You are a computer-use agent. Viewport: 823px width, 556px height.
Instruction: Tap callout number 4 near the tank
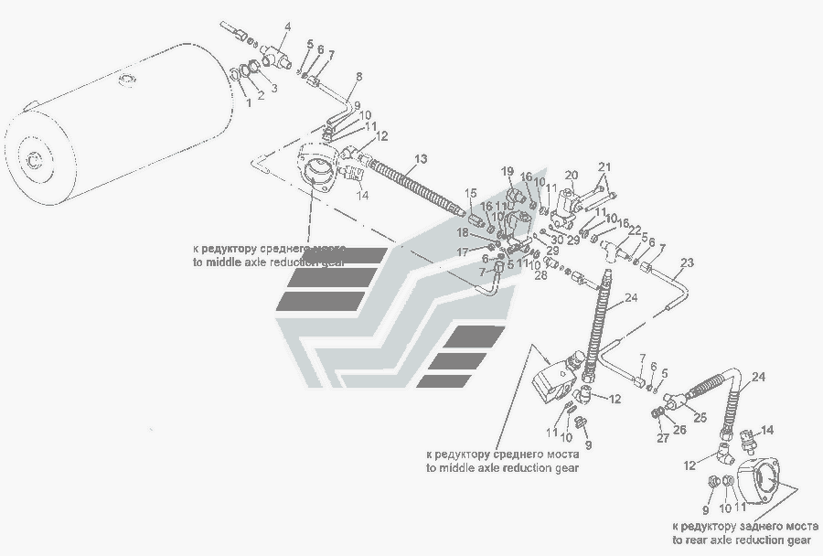point(286,27)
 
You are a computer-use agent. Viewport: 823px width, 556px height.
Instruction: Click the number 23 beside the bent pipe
point(687,263)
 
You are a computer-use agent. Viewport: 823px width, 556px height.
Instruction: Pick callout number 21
point(604,166)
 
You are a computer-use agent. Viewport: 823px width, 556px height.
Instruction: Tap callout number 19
point(507,171)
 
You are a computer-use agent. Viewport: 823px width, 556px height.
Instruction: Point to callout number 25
point(701,417)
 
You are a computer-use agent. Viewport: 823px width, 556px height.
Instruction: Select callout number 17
point(463,251)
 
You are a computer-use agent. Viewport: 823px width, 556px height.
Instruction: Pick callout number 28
point(540,274)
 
